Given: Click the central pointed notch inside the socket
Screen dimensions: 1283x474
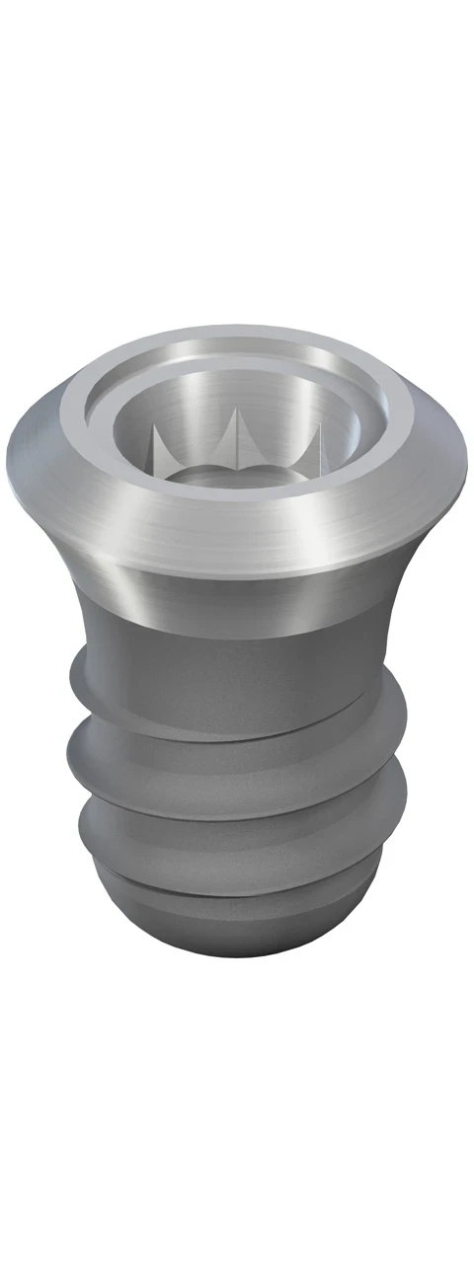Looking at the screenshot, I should coord(237,438).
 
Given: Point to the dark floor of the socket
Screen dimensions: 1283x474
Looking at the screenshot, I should coord(237,476).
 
